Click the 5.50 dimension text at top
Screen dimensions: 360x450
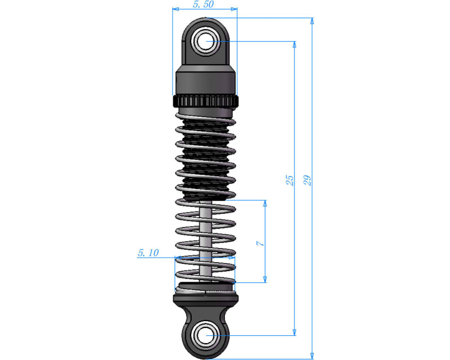[x=203, y=4]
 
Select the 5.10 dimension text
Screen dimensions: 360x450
[x=148, y=253]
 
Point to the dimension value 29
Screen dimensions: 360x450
[x=307, y=180]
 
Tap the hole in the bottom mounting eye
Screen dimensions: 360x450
[x=206, y=336]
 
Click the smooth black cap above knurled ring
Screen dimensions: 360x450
[x=205, y=82]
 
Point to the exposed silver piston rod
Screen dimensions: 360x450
[x=206, y=236]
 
